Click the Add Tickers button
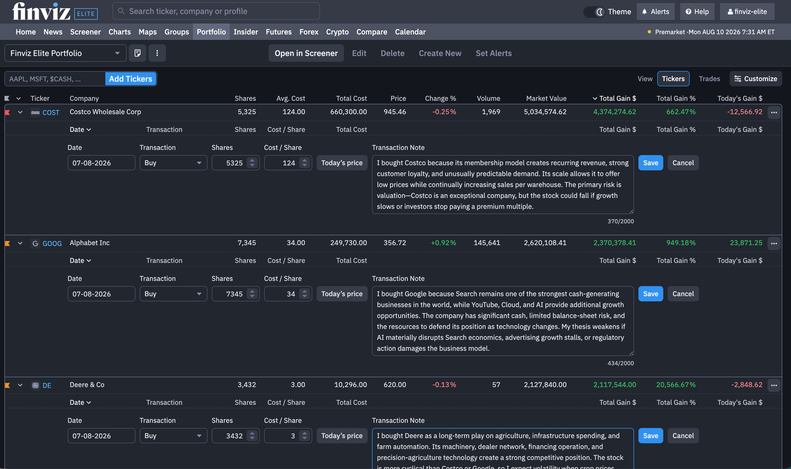(x=131, y=79)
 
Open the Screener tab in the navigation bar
(x=85, y=32)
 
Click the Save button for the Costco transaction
(x=651, y=163)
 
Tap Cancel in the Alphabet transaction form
(x=683, y=294)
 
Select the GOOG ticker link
(x=52, y=244)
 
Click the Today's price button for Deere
(x=342, y=436)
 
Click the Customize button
(x=756, y=79)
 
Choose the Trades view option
(x=710, y=79)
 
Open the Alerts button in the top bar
(x=655, y=11)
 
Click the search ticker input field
(x=216, y=11)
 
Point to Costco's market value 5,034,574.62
(x=545, y=112)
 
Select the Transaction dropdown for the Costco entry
(x=173, y=163)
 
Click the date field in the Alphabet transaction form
(x=101, y=294)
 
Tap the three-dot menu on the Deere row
(x=774, y=385)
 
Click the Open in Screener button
(x=306, y=53)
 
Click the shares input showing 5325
(x=235, y=163)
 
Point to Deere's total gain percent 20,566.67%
(x=676, y=385)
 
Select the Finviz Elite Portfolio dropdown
(x=65, y=53)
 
